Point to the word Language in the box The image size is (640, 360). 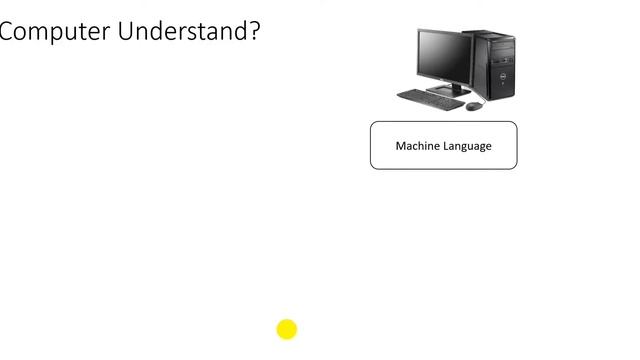467,146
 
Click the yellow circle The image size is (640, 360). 287,329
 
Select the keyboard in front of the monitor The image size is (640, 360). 430,99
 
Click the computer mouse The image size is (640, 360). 473,105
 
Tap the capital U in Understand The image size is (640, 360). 126,31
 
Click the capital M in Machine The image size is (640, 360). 401,146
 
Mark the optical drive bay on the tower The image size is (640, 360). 500,43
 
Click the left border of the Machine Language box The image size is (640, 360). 371,146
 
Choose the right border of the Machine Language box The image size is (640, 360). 517,146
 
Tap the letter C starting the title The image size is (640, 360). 7,31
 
